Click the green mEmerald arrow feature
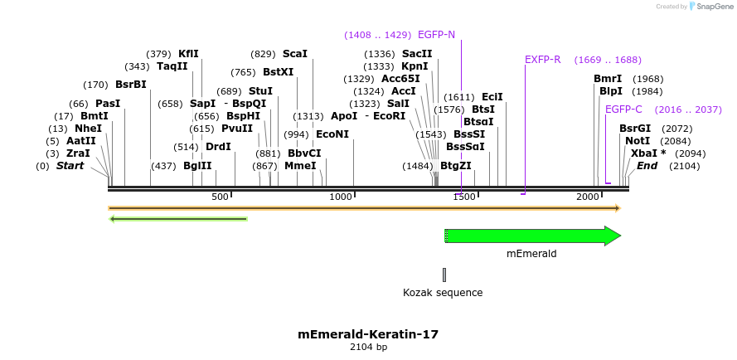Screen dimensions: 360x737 click(x=531, y=236)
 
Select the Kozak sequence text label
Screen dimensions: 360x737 click(x=443, y=293)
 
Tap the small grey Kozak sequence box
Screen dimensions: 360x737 click(x=444, y=275)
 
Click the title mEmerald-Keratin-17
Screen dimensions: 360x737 click(x=368, y=334)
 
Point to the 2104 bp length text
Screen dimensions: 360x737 click(x=368, y=348)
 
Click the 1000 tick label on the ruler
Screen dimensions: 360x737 click(x=342, y=197)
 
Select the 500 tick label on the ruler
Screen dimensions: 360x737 click(x=220, y=197)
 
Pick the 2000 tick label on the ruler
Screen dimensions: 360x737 click(x=588, y=197)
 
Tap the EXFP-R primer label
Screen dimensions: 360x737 click(x=543, y=60)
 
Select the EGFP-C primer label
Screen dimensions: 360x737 click(x=623, y=109)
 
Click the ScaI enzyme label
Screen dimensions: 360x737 click(x=295, y=54)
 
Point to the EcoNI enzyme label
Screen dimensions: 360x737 click(x=332, y=134)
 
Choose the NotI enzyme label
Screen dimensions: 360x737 click(x=638, y=141)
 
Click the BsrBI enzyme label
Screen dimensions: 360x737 click(x=131, y=85)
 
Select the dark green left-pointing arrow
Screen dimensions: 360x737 click(x=178, y=219)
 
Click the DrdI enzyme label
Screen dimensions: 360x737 click(x=218, y=147)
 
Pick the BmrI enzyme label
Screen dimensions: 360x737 click(x=608, y=79)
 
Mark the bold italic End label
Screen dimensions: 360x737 click(x=647, y=166)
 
